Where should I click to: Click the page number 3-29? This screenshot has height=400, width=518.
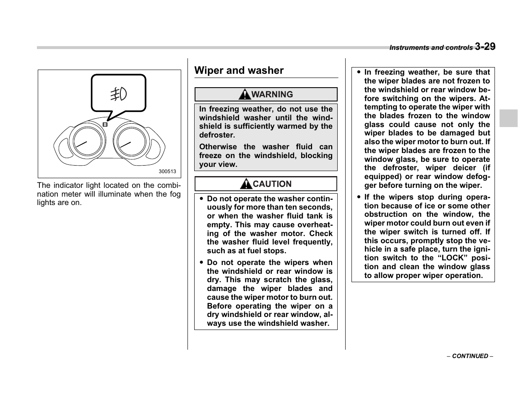point(485,47)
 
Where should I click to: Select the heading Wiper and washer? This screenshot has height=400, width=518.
point(239,70)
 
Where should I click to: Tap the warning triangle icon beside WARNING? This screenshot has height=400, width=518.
point(245,95)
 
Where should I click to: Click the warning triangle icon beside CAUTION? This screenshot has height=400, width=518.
point(246,184)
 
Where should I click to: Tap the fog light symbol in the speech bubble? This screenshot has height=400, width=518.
point(119,95)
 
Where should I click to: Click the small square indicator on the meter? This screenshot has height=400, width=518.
point(105,125)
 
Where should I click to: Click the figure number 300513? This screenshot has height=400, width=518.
point(167,171)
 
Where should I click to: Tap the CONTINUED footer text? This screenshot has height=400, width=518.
point(470,356)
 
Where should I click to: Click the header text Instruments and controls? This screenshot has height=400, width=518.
point(431,48)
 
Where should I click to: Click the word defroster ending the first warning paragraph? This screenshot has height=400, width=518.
point(217,135)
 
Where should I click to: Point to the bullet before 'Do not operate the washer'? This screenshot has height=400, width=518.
point(202,199)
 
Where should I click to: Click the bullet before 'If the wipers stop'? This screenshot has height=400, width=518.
point(359,197)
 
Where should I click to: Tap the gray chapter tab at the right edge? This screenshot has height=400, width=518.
point(508,118)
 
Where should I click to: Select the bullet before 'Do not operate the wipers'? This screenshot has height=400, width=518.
point(202,262)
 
